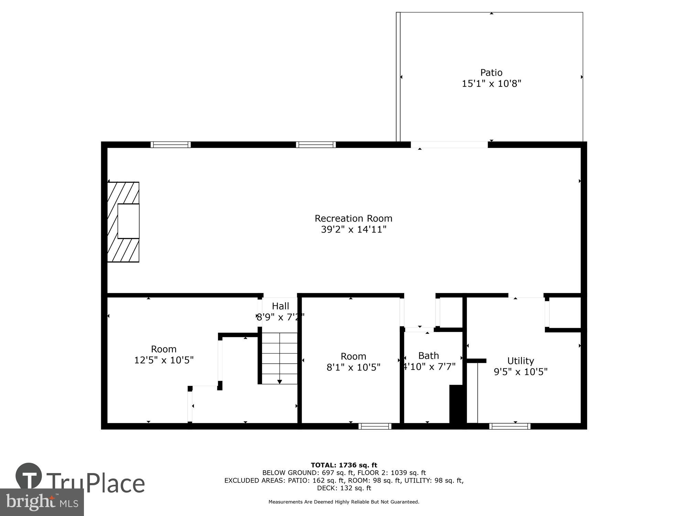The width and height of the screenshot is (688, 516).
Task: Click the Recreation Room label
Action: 353,218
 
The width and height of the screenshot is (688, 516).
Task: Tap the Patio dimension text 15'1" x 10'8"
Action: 491,84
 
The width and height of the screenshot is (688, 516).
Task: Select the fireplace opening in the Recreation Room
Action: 129,221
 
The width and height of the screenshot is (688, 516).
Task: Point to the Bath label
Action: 429,355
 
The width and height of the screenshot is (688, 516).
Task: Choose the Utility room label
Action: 520,361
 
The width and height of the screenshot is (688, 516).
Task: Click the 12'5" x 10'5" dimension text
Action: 164,360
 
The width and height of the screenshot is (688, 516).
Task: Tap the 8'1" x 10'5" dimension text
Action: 353,367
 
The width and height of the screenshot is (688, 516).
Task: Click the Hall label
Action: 280,306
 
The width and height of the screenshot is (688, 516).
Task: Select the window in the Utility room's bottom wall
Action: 510,426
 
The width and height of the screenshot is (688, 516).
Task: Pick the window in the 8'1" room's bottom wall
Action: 375,426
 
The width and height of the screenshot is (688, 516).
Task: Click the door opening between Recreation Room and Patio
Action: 449,145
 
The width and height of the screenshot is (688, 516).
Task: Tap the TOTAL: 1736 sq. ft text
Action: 344,465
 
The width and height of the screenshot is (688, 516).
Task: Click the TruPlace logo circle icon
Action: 29,476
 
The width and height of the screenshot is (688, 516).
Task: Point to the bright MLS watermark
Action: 42,502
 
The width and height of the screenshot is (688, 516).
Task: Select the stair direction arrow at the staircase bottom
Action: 280,381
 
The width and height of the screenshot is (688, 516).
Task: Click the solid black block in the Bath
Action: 458,404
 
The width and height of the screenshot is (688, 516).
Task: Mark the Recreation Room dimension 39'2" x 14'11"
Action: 354,229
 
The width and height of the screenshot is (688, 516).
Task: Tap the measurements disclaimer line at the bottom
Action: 344,502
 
